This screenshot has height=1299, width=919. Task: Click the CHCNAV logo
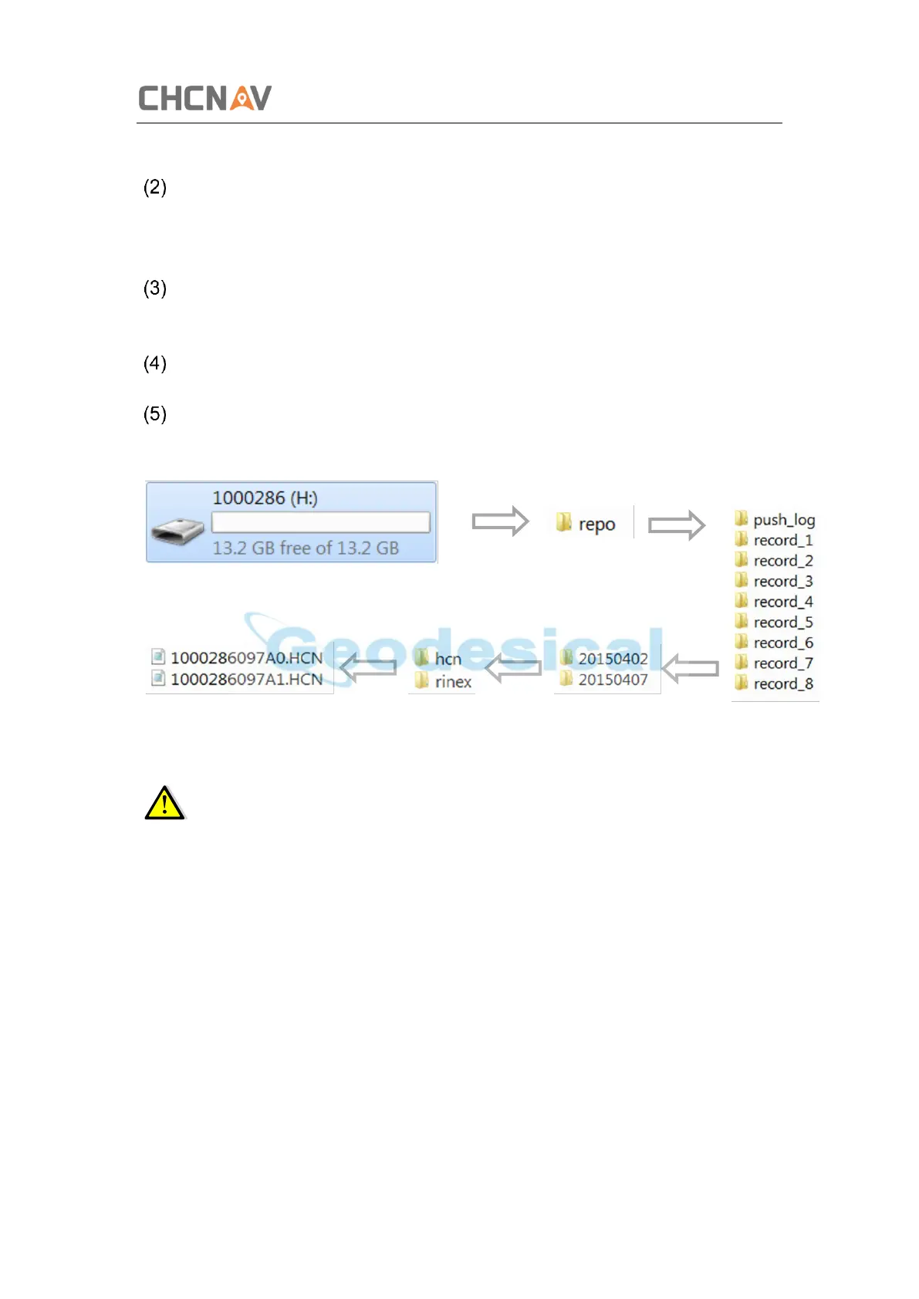(x=204, y=98)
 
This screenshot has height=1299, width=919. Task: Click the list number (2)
(x=155, y=187)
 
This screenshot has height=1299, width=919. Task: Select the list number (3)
(x=155, y=288)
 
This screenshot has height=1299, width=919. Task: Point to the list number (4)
(x=155, y=363)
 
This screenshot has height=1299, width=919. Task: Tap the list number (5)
(x=155, y=414)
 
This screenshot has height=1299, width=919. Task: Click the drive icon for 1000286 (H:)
(x=178, y=531)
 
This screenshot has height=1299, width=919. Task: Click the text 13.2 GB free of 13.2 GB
(x=306, y=548)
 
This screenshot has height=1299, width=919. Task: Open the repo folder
(x=586, y=524)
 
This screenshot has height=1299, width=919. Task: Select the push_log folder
(x=775, y=519)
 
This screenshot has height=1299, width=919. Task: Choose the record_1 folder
(x=775, y=540)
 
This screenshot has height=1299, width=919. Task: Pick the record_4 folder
(x=775, y=602)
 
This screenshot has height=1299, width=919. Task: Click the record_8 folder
(x=775, y=683)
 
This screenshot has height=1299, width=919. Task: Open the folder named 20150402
(x=605, y=659)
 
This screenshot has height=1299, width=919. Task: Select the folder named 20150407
(x=605, y=680)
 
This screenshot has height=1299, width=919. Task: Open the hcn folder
(x=439, y=659)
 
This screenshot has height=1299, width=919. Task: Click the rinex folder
(x=444, y=682)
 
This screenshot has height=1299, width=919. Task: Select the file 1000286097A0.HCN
(x=238, y=658)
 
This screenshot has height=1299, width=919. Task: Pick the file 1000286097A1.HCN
(x=238, y=680)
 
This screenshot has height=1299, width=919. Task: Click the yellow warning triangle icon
(x=164, y=804)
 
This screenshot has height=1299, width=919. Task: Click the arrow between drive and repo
(x=500, y=521)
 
